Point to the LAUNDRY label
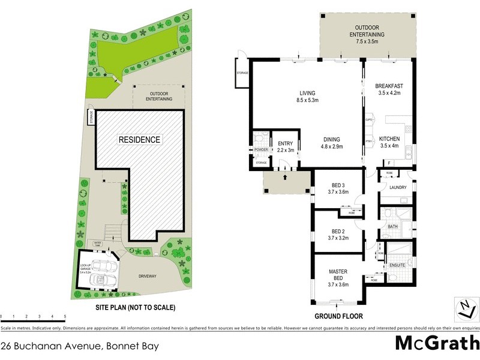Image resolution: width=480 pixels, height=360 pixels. [x=398, y=188]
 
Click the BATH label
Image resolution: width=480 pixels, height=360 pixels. [x=393, y=226]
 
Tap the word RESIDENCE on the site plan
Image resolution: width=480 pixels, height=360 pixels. [x=139, y=140]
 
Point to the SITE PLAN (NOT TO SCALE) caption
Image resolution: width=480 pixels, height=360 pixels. [x=136, y=307]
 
